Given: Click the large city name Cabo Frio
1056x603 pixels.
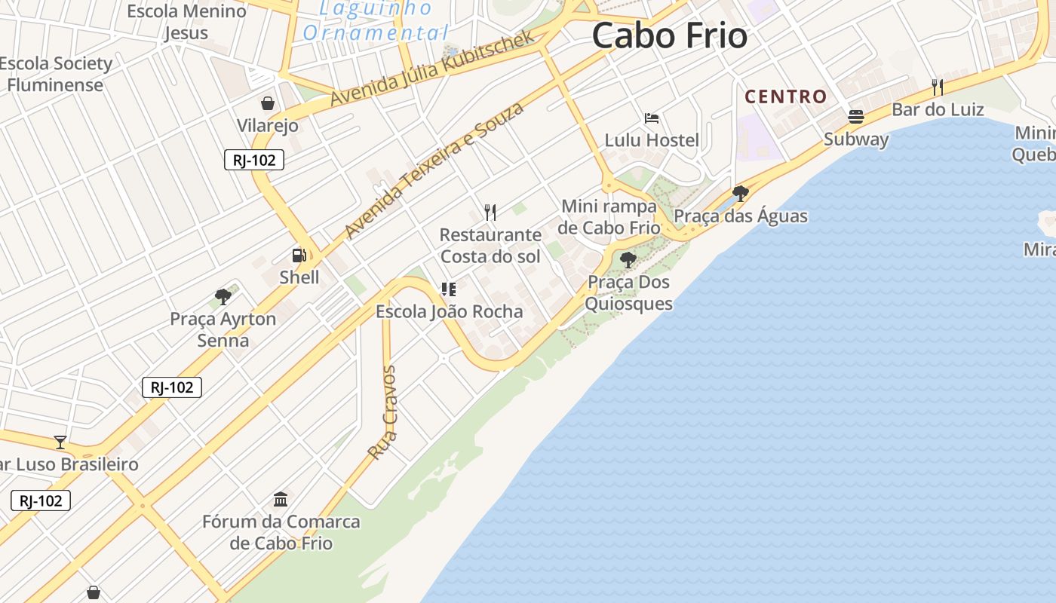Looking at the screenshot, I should (669, 35).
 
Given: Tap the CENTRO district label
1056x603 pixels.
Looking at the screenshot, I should (786, 96).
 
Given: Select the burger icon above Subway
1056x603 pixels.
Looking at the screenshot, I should (855, 117).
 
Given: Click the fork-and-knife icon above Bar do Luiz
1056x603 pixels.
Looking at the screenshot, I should (937, 87).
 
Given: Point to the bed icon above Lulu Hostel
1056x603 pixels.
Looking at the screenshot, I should (652, 118).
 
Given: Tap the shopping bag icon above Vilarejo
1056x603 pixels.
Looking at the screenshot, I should (268, 103).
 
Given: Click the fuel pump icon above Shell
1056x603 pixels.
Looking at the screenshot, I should (299, 256).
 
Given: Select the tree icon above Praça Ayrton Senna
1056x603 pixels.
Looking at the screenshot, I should (223, 296).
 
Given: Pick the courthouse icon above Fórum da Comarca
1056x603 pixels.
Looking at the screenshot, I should (281, 499).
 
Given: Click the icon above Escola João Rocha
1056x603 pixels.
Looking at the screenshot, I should (449, 289).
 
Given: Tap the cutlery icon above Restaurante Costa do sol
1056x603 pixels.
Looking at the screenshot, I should (490, 212).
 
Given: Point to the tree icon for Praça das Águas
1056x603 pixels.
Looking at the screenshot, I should (740, 194).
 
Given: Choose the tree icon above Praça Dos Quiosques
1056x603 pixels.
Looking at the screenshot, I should (628, 260).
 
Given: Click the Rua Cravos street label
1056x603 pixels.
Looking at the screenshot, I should (383, 412).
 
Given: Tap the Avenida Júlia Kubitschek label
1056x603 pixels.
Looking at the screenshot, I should (432, 68).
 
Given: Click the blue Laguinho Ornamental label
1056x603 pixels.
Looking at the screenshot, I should (376, 21).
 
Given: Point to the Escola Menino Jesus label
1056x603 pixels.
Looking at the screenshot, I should (186, 22).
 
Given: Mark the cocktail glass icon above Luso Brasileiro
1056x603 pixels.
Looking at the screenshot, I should (60, 442).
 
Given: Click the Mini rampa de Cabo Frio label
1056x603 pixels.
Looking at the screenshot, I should (609, 217).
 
